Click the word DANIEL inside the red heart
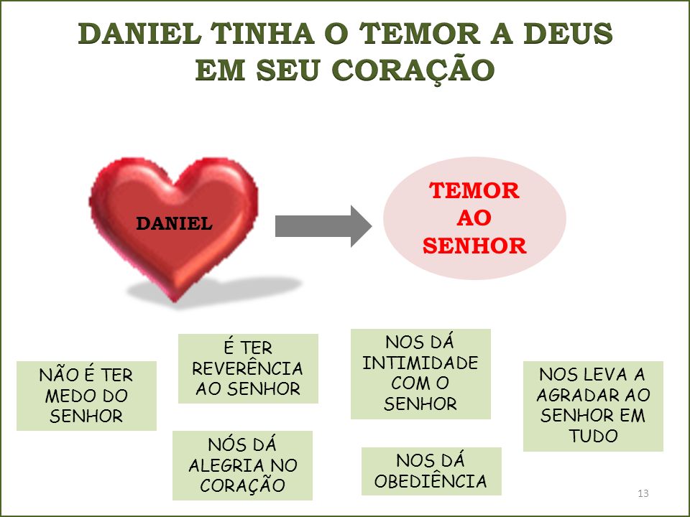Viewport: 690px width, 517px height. (174, 223)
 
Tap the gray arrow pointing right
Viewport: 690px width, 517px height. (323, 226)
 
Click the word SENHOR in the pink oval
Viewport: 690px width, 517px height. (474, 246)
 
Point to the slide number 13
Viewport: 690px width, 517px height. (643, 493)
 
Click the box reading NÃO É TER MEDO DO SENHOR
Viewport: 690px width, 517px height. (86, 396)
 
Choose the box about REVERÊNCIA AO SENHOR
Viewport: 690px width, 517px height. (248, 368)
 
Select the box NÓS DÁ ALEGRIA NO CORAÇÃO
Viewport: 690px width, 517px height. (242, 465)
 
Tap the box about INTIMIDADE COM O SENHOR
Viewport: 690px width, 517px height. (420, 373)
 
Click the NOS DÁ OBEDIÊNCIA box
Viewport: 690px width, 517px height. (431, 471)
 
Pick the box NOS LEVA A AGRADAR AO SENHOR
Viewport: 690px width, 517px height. (593, 406)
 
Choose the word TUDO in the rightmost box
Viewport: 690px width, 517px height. (593, 436)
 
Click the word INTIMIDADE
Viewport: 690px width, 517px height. (420, 363)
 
